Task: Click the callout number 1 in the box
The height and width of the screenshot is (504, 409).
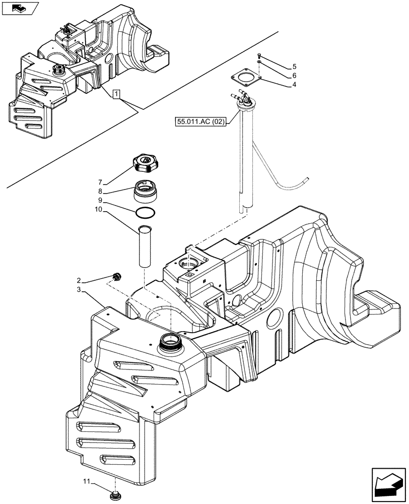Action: (116, 94)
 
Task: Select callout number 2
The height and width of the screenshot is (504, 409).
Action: (79, 280)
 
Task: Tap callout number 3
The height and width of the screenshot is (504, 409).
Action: (79, 291)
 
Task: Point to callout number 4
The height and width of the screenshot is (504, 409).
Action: (294, 85)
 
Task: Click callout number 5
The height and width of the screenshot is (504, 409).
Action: (294, 67)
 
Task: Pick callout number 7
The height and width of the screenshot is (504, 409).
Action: (100, 181)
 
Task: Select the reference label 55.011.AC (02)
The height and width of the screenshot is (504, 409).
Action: (200, 121)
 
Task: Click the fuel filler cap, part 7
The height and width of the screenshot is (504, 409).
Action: (144, 164)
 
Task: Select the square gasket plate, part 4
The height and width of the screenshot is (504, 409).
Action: (245, 79)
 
